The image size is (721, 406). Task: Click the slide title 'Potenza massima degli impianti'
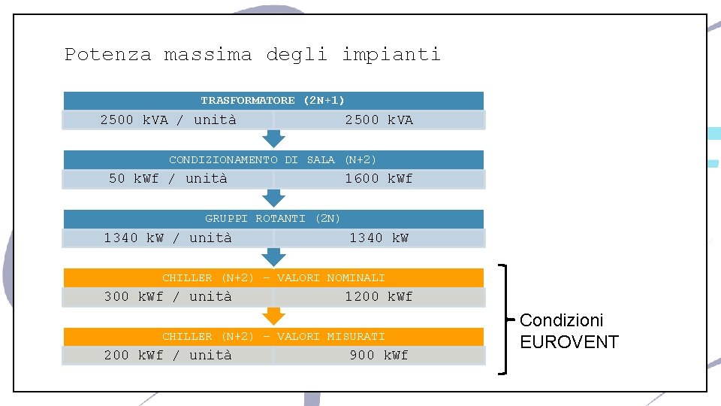pos(252,55)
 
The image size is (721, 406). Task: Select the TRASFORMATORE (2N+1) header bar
pos(273,100)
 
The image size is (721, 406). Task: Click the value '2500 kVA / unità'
pos(168,120)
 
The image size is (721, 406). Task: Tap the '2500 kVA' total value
pos(379,120)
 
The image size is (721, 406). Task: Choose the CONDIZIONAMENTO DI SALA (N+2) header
pos(273,159)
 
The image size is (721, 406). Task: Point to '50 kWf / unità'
pos(168,179)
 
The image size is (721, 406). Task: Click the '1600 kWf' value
pos(379,179)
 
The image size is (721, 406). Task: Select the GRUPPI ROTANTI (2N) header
pos(273,219)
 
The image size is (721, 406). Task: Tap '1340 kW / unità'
pos(168,238)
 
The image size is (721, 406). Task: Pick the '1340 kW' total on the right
pos(379,238)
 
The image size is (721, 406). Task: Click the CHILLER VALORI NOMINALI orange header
pos(273,278)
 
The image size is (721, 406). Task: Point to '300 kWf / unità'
pos(168,297)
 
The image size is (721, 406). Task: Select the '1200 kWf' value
pos(379,297)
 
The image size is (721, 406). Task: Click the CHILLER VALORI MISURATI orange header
pos(273,337)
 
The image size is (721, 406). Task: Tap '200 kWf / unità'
pos(168,356)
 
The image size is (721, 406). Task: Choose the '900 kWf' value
pos(379,356)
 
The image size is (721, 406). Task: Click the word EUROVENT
pos(569,343)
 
